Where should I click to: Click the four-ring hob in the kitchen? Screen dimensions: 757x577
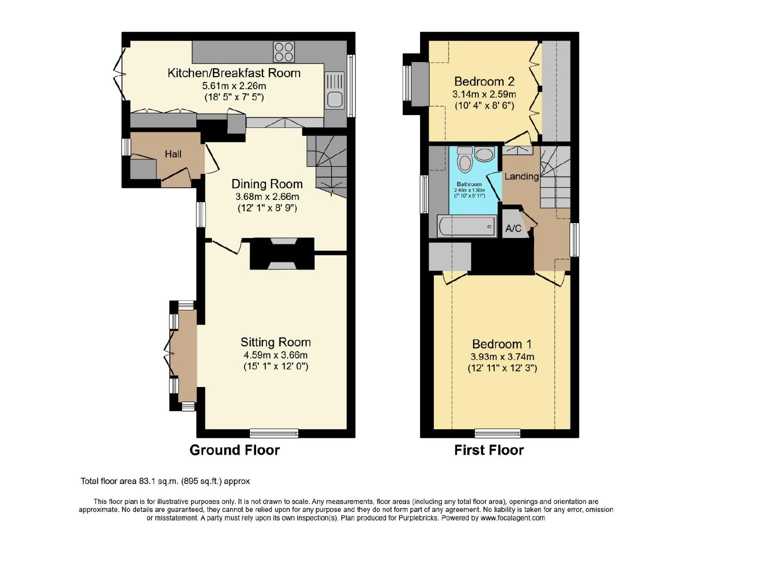pyautogui.click(x=283, y=52)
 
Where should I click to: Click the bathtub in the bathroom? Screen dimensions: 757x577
pyautogui.click(x=467, y=226)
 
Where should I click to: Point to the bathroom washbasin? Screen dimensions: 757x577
pyautogui.click(x=484, y=153)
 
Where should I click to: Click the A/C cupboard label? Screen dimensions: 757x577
pyautogui.click(x=513, y=228)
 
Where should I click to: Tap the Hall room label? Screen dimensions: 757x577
pyautogui.click(x=173, y=154)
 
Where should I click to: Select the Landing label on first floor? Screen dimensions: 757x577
pyautogui.click(x=521, y=176)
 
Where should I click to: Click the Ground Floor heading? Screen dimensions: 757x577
pyautogui.click(x=235, y=450)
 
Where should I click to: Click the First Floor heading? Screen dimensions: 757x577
pyautogui.click(x=489, y=450)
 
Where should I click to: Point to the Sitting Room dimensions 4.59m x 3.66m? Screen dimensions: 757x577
pyautogui.click(x=275, y=355)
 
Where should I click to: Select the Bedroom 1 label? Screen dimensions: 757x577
pyautogui.click(x=502, y=344)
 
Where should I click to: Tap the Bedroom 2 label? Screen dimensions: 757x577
pyautogui.click(x=484, y=81)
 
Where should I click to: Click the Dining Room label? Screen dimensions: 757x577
pyautogui.click(x=267, y=184)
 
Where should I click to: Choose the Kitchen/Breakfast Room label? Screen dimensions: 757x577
pyautogui.click(x=234, y=73)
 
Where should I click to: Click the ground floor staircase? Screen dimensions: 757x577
pyautogui.click(x=327, y=166)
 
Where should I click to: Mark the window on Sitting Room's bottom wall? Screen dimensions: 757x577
pyautogui.click(x=274, y=433)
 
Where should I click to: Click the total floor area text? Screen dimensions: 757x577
pyautogui.click(x=165, y=481)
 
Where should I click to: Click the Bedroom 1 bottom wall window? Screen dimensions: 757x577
pyautogui.click(x=497, y=433)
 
